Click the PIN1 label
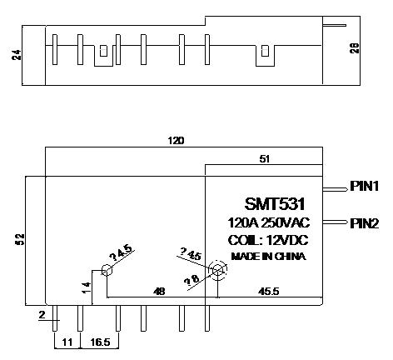[365, 186]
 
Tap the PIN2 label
[365, 223]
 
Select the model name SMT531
[275, 204]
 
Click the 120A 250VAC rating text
[269, 222]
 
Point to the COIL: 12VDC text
[268, 240]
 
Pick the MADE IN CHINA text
[269, 256]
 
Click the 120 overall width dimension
[176, 141]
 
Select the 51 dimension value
[265, 159]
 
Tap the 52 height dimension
[21, 239]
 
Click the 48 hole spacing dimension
[159, 292]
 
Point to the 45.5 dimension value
[268, 292]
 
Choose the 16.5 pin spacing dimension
[100, 342]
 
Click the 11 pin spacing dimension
[67, 342]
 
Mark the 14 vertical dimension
[87, 287]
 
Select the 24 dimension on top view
[17, 55]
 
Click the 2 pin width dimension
[42, 315]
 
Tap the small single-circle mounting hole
[107, 270]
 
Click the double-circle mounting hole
[218, 269]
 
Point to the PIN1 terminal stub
[335, 189]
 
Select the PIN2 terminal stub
[335, 222]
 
